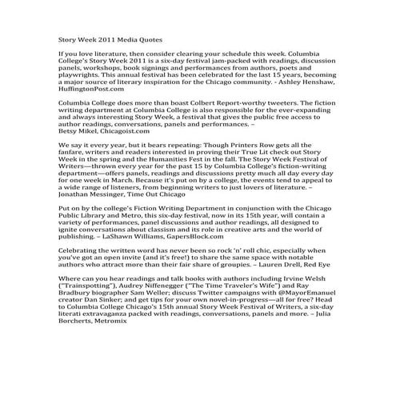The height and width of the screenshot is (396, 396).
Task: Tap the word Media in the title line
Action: pos(122,38)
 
